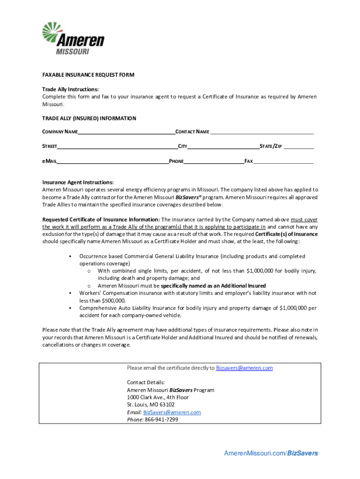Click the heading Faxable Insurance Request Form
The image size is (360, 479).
click(x=88, y=75)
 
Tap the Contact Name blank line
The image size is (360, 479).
click(x=261, y=132)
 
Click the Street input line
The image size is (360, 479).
click(x=117, y=146)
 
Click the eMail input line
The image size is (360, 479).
click(x=113, y=161)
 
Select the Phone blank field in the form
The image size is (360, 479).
click(x=214, y=161)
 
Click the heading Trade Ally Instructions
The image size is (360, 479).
click(x=71, y=89)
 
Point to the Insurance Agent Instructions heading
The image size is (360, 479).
click(x=78, y=182)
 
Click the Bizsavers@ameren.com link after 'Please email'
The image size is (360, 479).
click(x=244, y=368)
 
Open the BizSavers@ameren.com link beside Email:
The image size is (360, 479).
click(x=172, y=412)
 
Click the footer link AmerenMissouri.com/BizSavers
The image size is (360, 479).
click(x=271, y=453)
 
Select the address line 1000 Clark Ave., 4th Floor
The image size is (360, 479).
click(x=158, y=397)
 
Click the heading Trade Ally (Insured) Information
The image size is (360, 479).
click(x=89, y=118)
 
